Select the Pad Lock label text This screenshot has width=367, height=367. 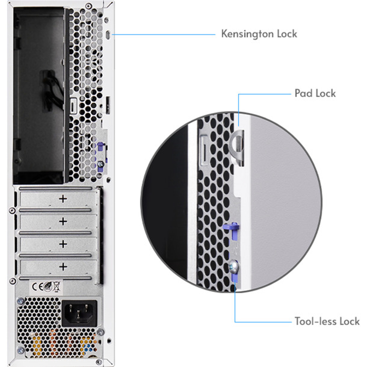(x=315, y=93)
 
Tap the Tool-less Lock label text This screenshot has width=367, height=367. (x=327, y=321)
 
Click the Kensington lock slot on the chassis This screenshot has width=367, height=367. (x=108, y=34)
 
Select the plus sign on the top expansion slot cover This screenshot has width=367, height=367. (x=63, y=198)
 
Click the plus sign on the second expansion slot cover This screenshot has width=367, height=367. (x=63, y=221)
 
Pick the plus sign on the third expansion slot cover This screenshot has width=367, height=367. (x=63, y=243)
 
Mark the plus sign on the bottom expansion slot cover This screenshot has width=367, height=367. (x=63, y=265)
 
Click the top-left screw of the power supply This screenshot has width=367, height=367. (x=17, y=300)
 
